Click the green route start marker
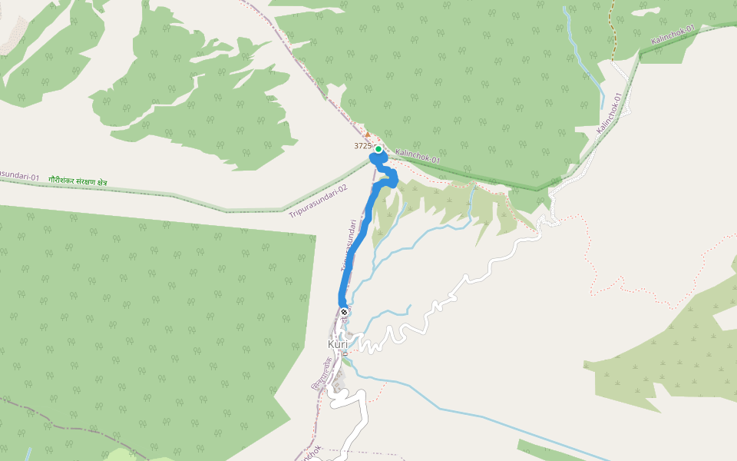[x=378, y=149]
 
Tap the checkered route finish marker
[x=344, y=312]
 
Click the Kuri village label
[x=338, y=344]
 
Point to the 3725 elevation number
[x=362, y=145]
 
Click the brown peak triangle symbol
[x=367, y=134]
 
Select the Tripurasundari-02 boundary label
[x=318, y=199]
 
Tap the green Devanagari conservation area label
[x=78, y=180]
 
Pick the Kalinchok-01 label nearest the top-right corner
[x=673, y=35]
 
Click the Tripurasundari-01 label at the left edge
[x=18, y=177]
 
